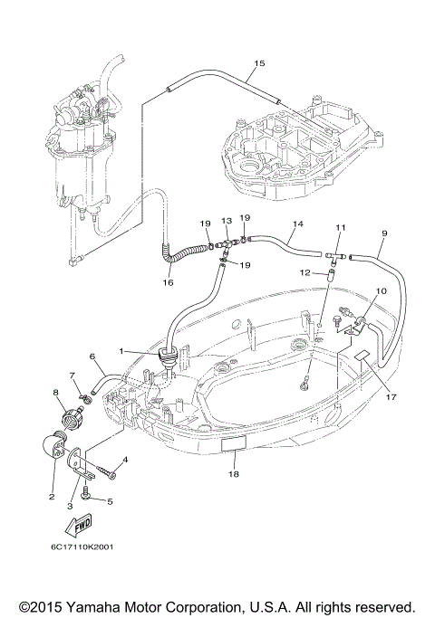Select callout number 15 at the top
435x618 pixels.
259,63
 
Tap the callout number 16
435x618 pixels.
169,282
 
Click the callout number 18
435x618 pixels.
234,474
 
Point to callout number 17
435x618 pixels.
391,397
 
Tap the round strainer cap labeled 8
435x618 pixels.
72,416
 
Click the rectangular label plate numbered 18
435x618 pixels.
233,444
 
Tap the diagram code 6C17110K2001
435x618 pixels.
82,547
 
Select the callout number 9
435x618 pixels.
384,233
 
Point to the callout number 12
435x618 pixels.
305,272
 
